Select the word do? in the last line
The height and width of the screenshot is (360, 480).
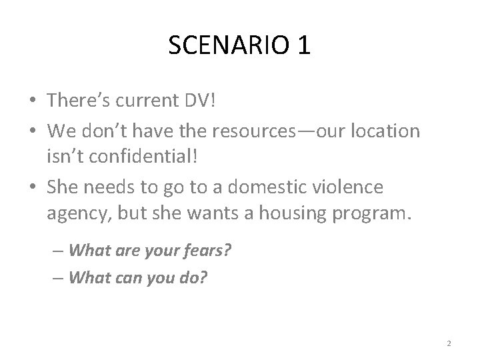[194, 277]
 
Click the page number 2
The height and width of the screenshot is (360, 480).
[449, 343]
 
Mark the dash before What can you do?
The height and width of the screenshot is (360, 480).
[58, 277]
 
